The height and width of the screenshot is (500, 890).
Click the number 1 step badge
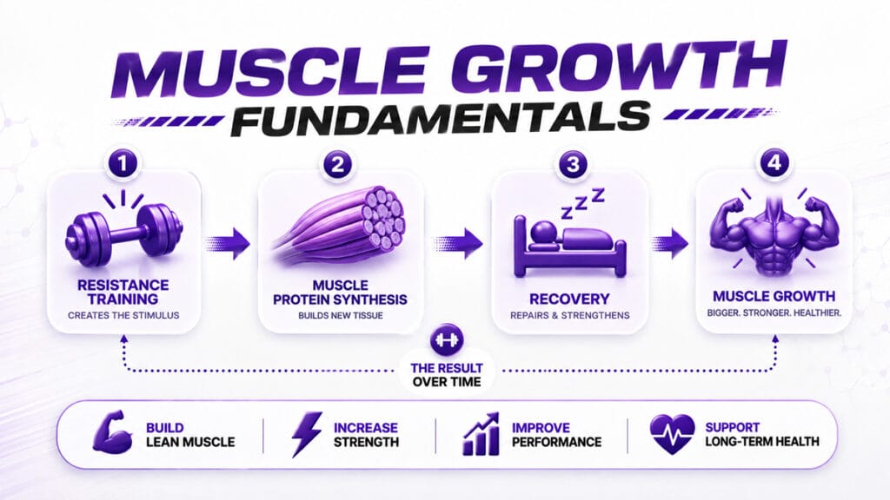point(123,164)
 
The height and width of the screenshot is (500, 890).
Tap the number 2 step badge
point(338,164)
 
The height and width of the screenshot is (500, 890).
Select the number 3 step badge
point(573,164)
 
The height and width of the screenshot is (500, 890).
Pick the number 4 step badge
point(774,163)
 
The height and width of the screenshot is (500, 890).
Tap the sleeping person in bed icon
point(569,247)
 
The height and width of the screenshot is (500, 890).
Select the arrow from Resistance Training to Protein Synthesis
point(227,243)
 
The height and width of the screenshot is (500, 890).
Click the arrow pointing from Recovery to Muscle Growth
point(670,243)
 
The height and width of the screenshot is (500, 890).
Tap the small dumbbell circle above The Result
point(447,340)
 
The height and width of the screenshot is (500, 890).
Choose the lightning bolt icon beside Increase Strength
point(307,434)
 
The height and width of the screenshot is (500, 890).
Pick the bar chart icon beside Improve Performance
point(482,434)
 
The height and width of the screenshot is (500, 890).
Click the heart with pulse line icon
point(672,434)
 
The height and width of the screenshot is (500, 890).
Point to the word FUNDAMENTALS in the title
point(441,119)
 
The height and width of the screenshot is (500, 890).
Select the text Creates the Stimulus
point(123,315)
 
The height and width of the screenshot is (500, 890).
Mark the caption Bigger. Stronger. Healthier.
point(774,312)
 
